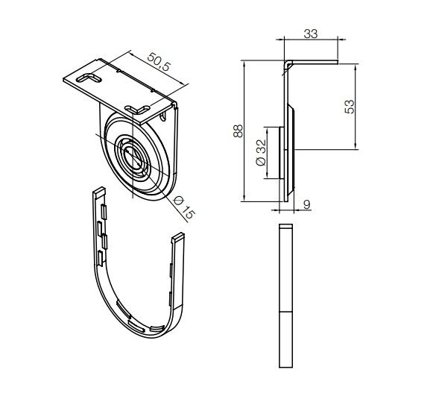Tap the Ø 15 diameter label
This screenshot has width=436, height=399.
coord(183,204)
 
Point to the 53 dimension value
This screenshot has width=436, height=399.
coord(370,106)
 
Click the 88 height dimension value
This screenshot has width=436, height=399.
coord(238,131)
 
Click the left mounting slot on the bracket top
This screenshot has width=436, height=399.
coord(87,77)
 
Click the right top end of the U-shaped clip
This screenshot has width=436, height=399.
coord(179,238)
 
